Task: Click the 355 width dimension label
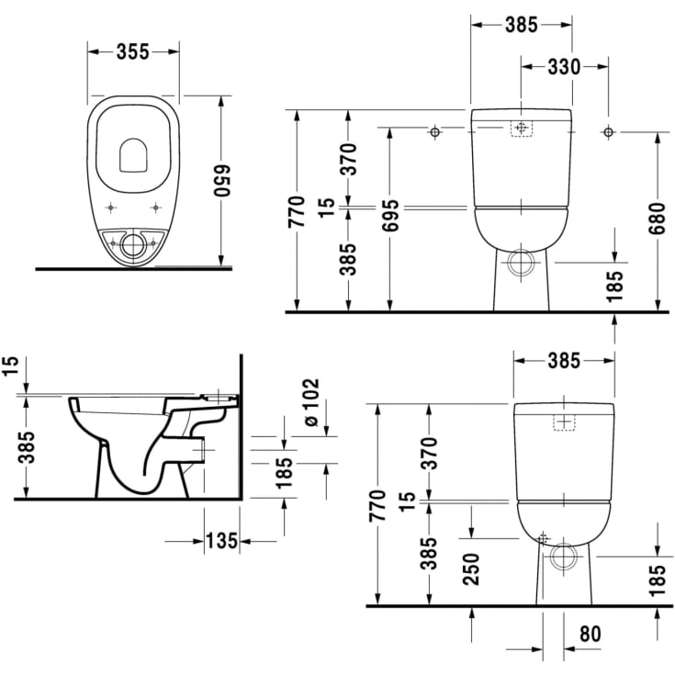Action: point(133,52)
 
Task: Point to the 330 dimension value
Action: point(564,66)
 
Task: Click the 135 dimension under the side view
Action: point(221,541)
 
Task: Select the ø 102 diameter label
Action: point(309,403)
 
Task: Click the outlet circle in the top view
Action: point(134,244)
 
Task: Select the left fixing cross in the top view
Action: point(111,207)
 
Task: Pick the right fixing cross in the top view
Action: point(156,207)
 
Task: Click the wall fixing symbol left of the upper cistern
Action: point(434,132)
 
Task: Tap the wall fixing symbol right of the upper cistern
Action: point(607,132)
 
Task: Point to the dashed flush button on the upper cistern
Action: point(521,129)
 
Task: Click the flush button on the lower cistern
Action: point(563,422)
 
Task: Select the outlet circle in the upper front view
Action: point(521,263)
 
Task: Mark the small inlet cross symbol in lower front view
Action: point(544,537)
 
